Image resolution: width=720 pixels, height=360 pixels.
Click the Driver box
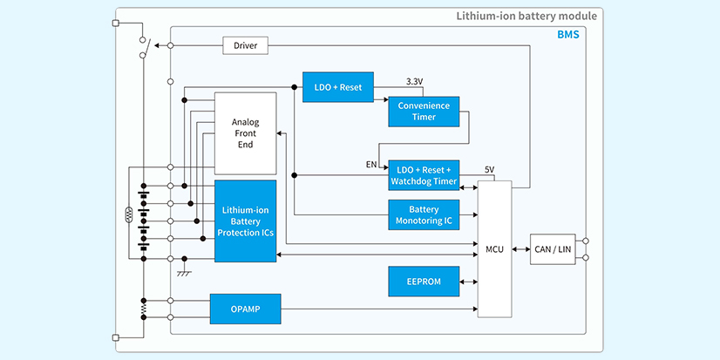[245, 44]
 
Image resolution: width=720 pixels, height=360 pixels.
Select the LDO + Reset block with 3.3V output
[338, 87]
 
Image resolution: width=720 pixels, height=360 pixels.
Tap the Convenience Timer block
[424, 112]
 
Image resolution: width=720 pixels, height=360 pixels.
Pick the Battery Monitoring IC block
[424, 215]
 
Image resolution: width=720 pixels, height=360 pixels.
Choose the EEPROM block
[424, 282]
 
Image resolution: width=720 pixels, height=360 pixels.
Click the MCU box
[494, 250]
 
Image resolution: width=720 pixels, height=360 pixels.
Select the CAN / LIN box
[554, 250]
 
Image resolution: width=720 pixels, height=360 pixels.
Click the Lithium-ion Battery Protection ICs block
[246, 221]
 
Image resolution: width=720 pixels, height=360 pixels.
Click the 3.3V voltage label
[415, 81]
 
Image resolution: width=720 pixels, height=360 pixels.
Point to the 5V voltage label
[490, 169]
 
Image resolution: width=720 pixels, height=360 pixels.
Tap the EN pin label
[371, 164]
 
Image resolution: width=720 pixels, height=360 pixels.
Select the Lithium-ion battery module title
[526, 16]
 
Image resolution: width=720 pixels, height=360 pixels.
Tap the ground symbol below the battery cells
[184, 273]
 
